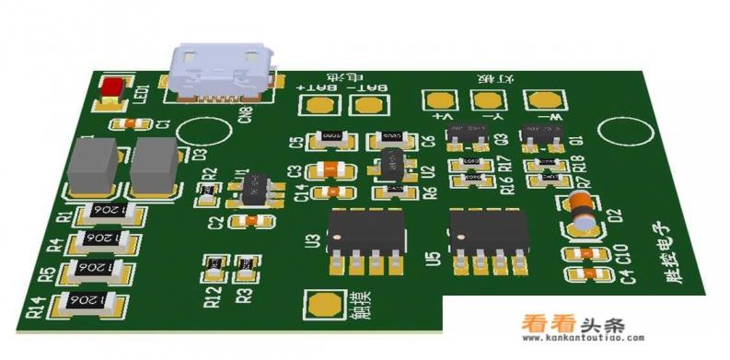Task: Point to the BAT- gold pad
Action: [x=371, y=104]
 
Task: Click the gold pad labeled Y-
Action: [x=490, y=99]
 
